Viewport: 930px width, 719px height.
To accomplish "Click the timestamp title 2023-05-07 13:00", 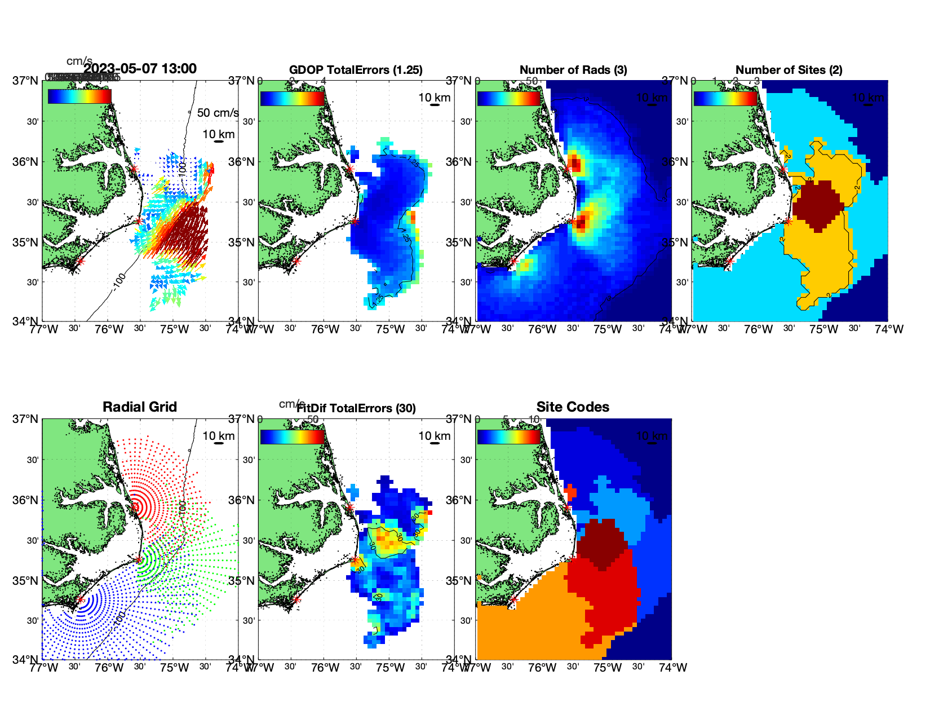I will (x=140, y=69).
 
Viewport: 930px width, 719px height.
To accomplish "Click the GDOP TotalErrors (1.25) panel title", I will (x=356, y=70).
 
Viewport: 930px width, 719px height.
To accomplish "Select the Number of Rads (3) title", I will (x=573, y=70).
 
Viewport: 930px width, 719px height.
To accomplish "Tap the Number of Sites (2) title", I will (x=789, y=70).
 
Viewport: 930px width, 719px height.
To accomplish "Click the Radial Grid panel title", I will (x=140, y=407).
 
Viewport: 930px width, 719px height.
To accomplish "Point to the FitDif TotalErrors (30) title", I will (x=357, y=408).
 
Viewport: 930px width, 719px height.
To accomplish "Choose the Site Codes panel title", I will (x=573, y=407).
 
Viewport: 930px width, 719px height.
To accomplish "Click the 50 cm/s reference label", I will (x=218, y=113).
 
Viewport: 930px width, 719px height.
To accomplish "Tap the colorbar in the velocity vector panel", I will (x=79, y=96).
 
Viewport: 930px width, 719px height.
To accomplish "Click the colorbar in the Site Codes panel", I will (x=508, y=437).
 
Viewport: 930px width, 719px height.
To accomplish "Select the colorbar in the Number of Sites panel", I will (x=725, y=99).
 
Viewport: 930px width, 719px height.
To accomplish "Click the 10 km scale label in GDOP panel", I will (x=434, y=98).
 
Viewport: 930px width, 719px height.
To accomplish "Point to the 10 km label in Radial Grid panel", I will (x=218, y=436).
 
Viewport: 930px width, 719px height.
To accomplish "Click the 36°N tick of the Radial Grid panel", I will (x=26, y=500).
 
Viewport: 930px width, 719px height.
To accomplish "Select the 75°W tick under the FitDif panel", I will (x=390, y=668).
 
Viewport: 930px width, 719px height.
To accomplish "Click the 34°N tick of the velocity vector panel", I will (x=26, y=321).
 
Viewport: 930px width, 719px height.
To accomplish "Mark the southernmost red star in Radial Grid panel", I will (x=80, y=599).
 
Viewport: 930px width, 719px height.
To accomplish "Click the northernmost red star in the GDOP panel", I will (x=350, y=169).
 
